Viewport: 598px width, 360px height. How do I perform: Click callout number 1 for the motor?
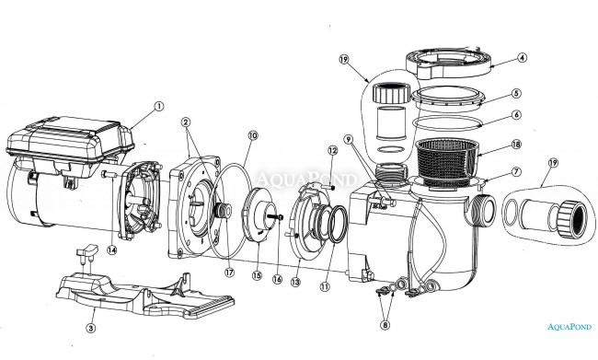pyautogui.click(x=158, y=106)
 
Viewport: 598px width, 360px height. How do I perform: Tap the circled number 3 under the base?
pyautogui.click(x=90, y=328)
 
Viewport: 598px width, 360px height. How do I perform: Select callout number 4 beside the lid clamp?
pyautogui.click(x=522, y=58)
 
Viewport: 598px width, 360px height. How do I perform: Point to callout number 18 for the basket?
pyautogui.click(x=516, y=145)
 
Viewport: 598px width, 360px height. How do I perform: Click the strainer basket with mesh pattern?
pyautogui.click(x=446, y=163)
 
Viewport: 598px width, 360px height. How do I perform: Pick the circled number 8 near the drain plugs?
pyautogui.click(x=385, y=325)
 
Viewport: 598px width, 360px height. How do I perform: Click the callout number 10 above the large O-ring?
pyautogui.click(x=253, y=135)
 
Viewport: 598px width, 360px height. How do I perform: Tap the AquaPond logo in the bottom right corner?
pyautogui.click(x=569, y=327)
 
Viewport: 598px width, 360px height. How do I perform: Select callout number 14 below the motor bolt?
pyautogui.click(x=111, y=250)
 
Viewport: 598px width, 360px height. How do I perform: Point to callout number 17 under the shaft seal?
pyautogui.click(x=229, y=273)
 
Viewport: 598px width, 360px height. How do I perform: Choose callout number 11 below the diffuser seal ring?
pyautogui.click(x=325, y=286)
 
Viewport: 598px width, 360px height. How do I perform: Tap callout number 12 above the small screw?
pyautogui.click(x=332, y=150)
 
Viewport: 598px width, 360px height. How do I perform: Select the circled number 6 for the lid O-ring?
pyautogui.click(x=516, y=114)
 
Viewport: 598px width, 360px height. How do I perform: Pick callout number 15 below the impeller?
pyautogui.click(x=257, y=275)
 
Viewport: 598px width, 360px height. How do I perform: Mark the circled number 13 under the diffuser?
pyautogui.click(x=295, y=282)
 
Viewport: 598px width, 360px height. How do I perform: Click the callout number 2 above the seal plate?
pyautogui.click(x=186, y=122)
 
